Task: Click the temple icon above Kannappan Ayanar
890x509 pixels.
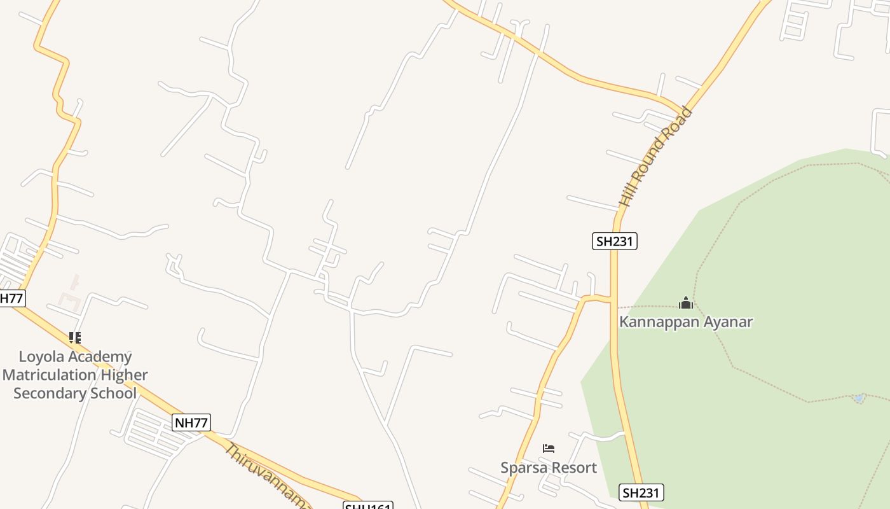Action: (x=685, y=303)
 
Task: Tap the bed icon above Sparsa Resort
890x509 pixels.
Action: (x=549, y=449)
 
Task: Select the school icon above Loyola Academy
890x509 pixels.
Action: (x=75, y=338)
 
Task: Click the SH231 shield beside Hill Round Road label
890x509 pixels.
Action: (x=615, y=241)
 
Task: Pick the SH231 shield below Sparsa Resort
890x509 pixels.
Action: (x=642, y=492)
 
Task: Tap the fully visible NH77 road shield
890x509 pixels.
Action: (x=191, y=422)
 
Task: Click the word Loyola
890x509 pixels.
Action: (x=42, y=356)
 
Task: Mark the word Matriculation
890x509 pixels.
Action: (x=51, y=375)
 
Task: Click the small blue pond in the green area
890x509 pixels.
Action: (x=859, y=398)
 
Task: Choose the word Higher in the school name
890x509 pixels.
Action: (x=125, y=375)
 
